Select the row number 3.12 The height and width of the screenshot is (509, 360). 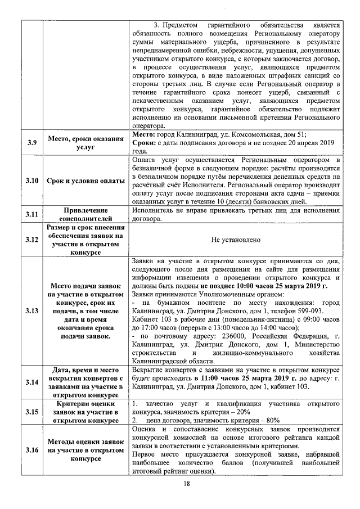coord(31,240)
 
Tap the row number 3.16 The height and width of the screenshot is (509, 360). coord(31,450)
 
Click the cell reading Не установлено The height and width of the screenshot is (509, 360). coord(236,240)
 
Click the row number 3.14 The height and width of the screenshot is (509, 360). coord(31,382)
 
